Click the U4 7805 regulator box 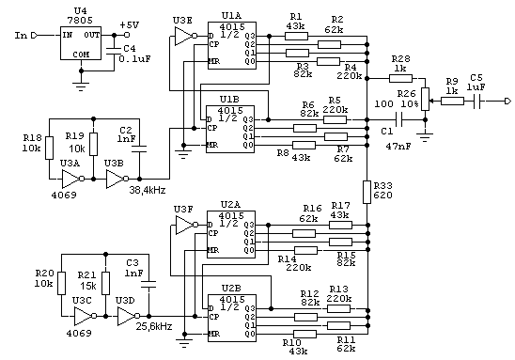coord(81,43)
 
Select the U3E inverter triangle coord(185,36)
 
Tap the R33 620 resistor coord(367,192)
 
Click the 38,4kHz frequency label coord(148,190)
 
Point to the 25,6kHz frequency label coord(154,326)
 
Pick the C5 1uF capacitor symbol coord(477,102)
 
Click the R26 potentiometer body coord(426,99)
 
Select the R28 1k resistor coord(400,78)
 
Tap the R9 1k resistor coord(452,102)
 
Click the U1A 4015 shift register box coord(232,45)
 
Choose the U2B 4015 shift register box coord(232,318)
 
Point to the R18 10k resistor coord(49,149)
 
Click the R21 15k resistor coord(105,283)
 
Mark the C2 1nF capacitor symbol coord(139,149)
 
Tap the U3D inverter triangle coord(128,317)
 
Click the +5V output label coord(129,25)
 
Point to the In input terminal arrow coord(35,35)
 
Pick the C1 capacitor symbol coord(399,120)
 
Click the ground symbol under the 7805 coord(81,86)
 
